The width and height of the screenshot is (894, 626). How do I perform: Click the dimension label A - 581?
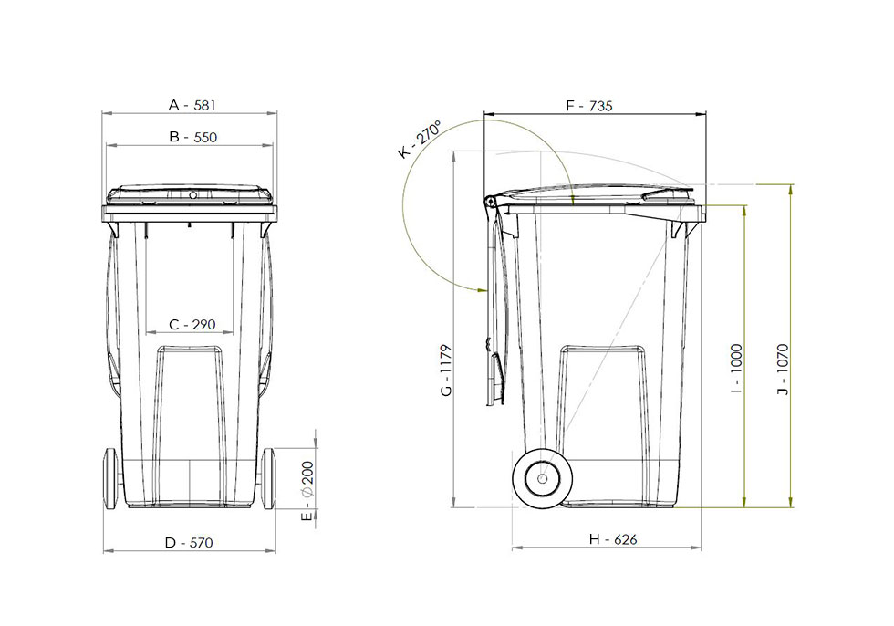192,105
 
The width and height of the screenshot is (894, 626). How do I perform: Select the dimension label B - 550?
192,138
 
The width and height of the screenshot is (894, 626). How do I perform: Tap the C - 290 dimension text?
192,325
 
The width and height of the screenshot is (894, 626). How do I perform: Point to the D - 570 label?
189,542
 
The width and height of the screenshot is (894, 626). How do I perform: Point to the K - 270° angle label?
420,140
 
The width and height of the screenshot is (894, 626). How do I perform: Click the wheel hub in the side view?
542,477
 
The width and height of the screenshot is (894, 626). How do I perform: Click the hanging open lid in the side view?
495,310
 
